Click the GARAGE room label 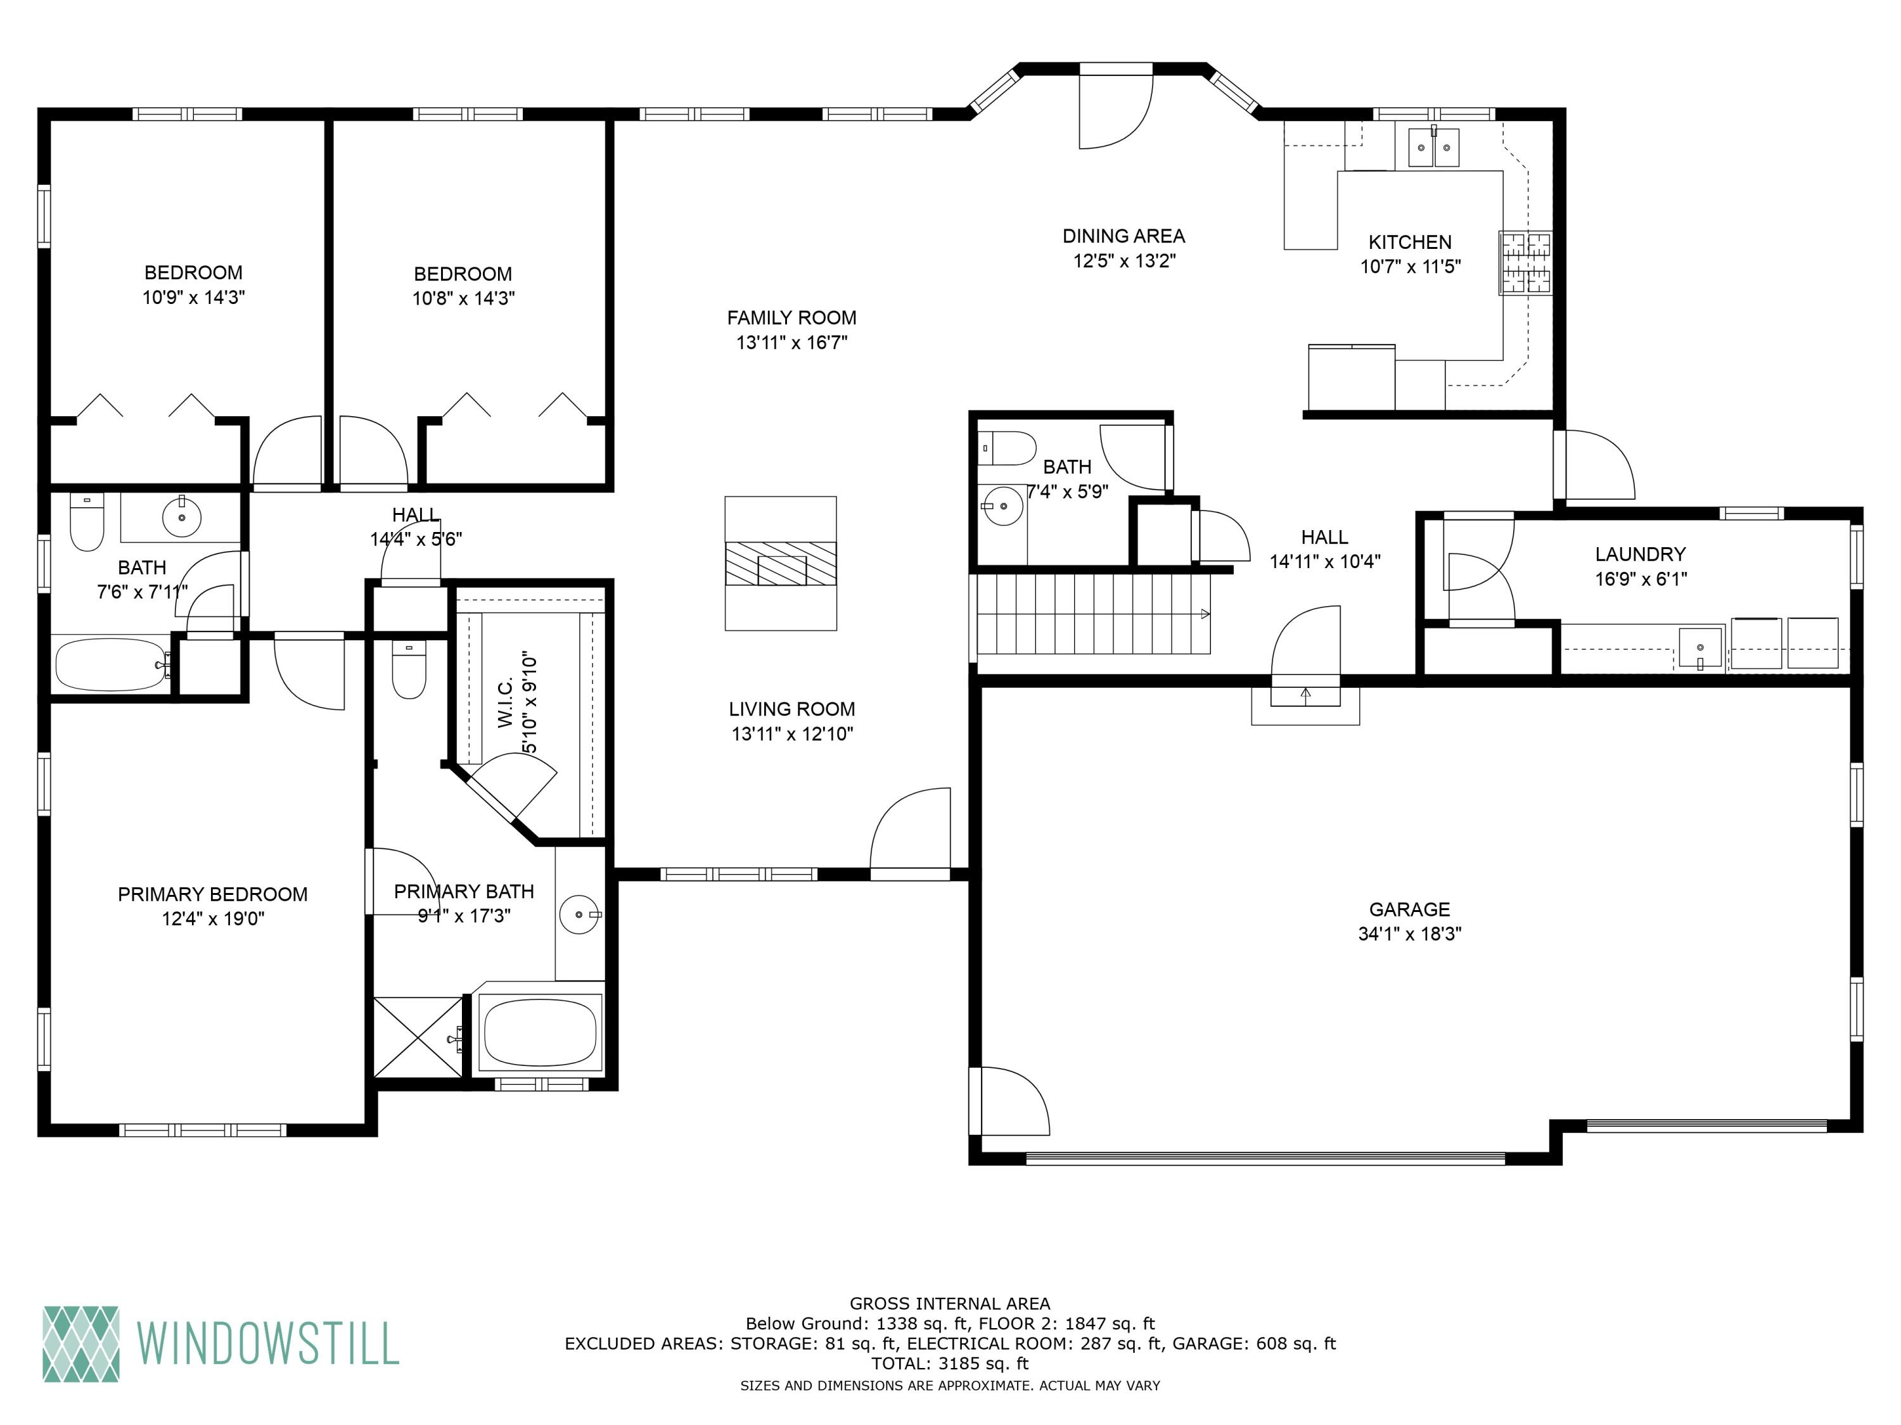tap(1409, 909)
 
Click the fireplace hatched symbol tap(780, 564)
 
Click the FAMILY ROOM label tap(791, 318)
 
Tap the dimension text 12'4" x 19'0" tap(213, 918)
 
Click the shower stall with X tap(418, 1036)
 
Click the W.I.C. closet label tap(505, 702)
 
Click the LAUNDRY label tap(1640, 554)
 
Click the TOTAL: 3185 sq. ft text tap(950, 1363)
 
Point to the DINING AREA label tap(1123, 236)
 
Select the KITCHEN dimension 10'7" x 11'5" tap(1409, 266)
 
